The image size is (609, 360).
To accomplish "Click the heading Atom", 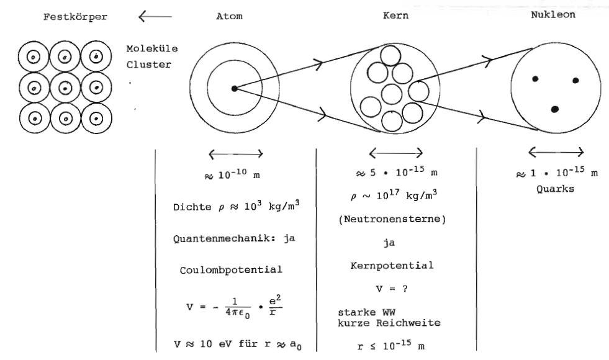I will pyautogui.click(x=222, y=17).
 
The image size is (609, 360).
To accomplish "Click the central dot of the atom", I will pyautogui.click(x=233, y=89).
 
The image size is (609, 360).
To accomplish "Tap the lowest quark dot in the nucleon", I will pyautogui.click(x=555, y=109).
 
